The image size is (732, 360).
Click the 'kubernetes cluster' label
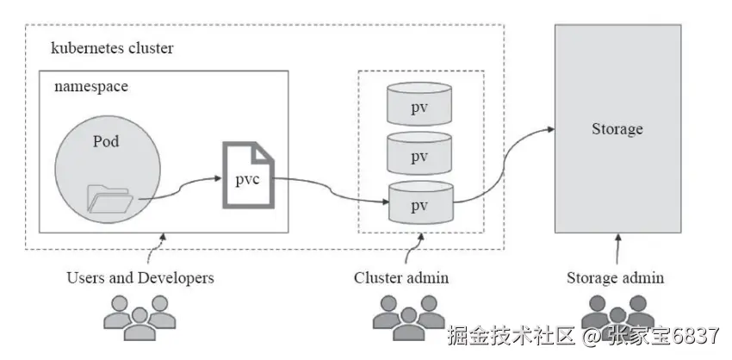click(112, 48)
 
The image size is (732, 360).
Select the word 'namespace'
click(91, 87)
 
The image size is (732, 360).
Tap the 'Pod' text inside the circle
click(106, 141)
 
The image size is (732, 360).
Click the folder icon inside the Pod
click(110, 198)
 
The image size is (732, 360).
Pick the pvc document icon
click(249, 175)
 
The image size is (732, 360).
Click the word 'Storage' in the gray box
click(617, 129)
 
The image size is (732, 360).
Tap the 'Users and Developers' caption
click(140, 278)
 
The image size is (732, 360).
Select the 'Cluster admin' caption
click(401, 278)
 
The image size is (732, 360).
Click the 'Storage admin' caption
click(615, 278)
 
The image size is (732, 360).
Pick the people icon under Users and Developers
click(140, 313)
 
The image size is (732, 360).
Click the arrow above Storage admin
click(617, 250)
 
